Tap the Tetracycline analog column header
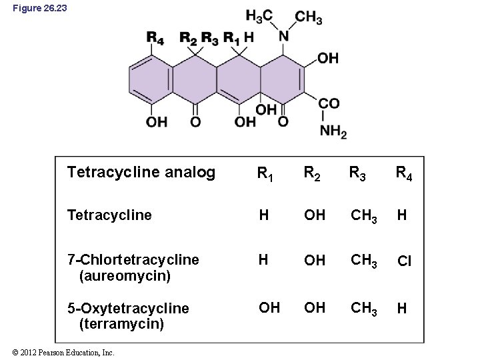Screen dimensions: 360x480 point(141,173)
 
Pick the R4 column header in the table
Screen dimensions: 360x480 point(403,175)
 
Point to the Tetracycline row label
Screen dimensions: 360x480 point(109,215)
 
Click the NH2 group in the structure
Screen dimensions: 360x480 point(333,132)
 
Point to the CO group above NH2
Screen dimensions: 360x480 point(329,104)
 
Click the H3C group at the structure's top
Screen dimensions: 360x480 point(259,16)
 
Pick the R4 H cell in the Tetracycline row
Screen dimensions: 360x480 point(402,215)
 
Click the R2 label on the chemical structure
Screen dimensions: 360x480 point(189,38)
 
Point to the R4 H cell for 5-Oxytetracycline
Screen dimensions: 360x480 point(402,308)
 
